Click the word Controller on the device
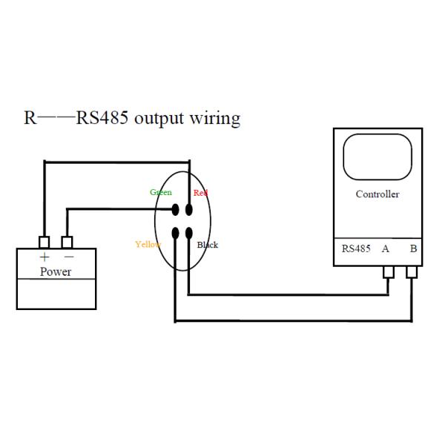click(378, 194)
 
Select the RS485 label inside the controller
click(356, 248)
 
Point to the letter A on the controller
click(386, 248)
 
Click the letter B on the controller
click(412, 248)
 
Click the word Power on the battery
click(56, 271)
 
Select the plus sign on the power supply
click(44, 257)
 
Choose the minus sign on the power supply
click(68, 257)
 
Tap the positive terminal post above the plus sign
click(44, 243)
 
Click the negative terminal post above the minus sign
click(67, 243)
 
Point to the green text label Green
click(161, 192)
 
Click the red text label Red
click(200, 193)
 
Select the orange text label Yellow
click(148, 244)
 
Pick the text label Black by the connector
click(208, 245)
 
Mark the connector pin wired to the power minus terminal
click(176, 209)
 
